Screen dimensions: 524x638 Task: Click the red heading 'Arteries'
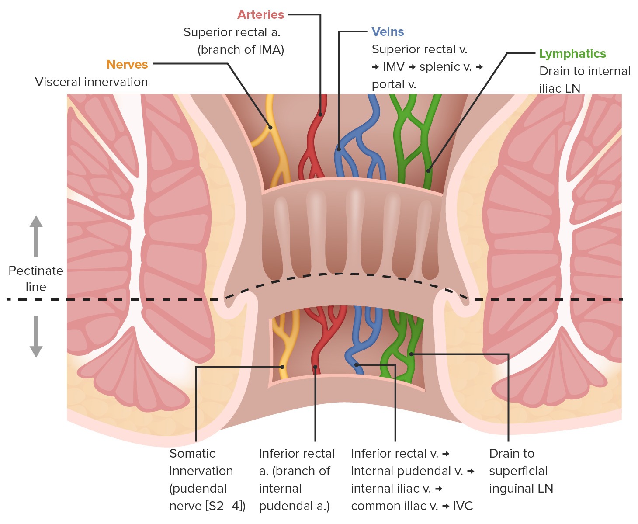[x=260, y=15]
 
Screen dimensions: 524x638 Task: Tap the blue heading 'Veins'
[x=388, y=32]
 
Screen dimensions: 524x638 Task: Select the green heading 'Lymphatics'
[x=572, y=54]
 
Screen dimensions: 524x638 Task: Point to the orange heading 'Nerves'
[x=127, y=65]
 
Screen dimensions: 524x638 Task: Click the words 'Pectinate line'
[x=36, y=278]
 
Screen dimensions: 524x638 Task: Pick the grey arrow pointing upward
[x=36, y=236]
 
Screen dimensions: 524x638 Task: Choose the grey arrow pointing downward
[x=36, y=337]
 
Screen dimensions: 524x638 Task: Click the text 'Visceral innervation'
[x=91, y=82]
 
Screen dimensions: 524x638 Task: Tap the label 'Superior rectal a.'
[x=232, y=32]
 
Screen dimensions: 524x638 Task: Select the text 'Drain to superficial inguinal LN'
[x=521, y=471]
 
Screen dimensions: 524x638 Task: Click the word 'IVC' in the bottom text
[x=463, y=506]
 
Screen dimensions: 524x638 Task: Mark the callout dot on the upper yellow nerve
[x=270, y=128]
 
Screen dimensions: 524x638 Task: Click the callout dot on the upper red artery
[x=320, y=115]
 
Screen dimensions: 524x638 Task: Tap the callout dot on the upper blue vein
[x=339, y=149]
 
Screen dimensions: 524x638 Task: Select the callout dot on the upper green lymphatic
[x=428, y=171]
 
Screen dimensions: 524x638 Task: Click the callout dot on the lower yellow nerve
[x=282, y=367]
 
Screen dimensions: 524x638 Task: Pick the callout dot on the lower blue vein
[x=357, y=364]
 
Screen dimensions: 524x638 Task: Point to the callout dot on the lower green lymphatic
[x=411, y=354]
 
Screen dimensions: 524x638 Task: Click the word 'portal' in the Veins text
[x=388, y=84]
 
